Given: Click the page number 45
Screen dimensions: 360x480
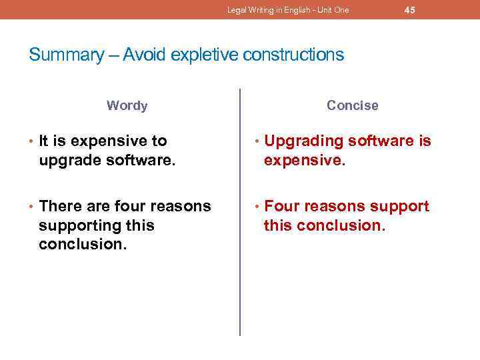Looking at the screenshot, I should click(410, 10).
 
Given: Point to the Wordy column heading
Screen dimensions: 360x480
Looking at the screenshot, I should click(127, 105).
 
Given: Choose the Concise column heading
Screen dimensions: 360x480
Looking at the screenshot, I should click(352, 105).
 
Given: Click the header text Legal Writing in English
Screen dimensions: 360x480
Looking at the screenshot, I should click(274, 10).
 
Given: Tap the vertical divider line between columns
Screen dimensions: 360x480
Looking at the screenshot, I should click(240, 213).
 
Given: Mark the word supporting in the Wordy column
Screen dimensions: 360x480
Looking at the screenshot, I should click(77, 225).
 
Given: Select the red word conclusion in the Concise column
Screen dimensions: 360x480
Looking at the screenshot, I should click(338, 225).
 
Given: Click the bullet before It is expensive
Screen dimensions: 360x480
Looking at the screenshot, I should click(31, 141).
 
